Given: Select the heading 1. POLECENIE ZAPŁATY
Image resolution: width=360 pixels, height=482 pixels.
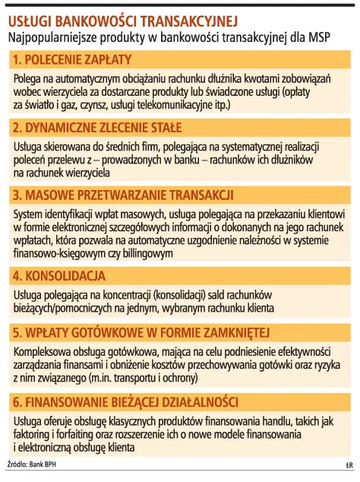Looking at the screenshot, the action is (x=73, y=59).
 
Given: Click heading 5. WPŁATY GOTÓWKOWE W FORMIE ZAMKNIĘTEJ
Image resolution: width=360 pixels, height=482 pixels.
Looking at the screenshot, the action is (x=141, y=332).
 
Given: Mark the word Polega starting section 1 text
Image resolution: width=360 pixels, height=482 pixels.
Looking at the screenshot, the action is (x=27, y=80).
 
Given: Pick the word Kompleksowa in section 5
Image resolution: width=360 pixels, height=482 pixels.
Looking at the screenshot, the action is (x=44, y=351).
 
